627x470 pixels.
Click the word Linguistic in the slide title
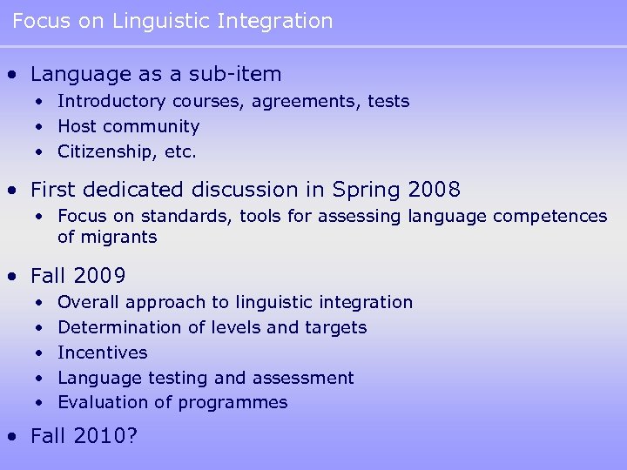154,21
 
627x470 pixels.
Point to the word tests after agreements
388,102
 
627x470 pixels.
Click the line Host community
128,127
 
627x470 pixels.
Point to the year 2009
100,277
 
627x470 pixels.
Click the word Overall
89,303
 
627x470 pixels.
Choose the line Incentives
102,352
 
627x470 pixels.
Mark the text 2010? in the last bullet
106,437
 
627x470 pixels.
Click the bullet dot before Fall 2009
11,278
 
